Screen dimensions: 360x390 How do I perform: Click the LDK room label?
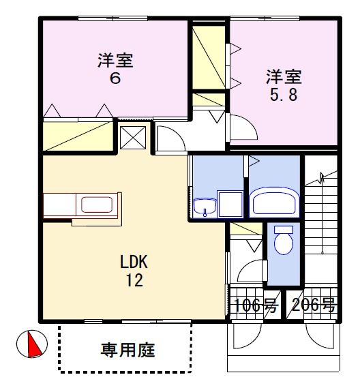point(134,262)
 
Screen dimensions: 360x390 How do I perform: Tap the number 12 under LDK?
point(134,280)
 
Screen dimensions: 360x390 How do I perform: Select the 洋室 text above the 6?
point(115,61)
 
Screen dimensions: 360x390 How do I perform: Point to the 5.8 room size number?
point(284,95)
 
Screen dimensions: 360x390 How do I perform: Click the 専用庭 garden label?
point(128,350)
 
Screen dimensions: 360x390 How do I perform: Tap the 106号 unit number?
point(256,305)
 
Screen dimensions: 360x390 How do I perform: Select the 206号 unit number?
point(314,305)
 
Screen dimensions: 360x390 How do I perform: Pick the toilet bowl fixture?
point(284,240)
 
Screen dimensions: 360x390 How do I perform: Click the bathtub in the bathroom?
point(275,202)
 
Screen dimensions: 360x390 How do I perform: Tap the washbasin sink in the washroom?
point(205,206)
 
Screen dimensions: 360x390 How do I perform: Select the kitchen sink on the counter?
point(97,205)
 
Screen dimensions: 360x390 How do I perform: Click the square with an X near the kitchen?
point(133,138)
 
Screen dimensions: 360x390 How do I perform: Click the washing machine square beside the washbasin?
point(230,204)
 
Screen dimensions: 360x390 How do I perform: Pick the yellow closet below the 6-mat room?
point(78,136)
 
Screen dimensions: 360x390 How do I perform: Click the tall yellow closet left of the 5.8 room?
point(209,57)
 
